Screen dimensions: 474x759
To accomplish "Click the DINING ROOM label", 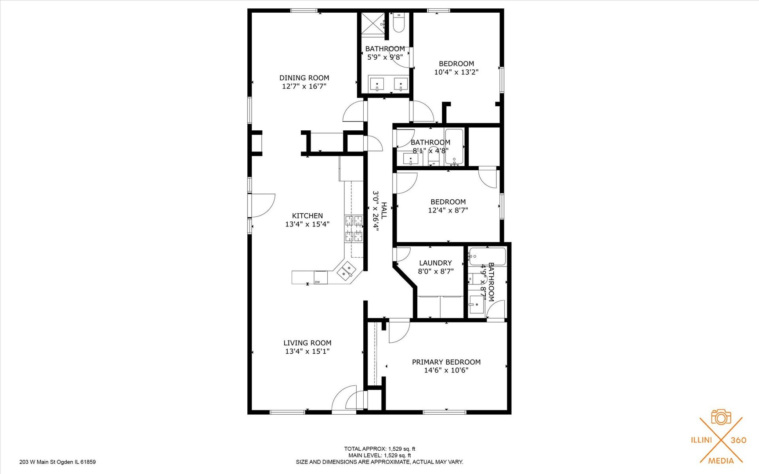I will point(304,78).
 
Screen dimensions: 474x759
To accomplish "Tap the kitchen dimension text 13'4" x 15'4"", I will point(307,224).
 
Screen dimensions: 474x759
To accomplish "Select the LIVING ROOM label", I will point(307,343).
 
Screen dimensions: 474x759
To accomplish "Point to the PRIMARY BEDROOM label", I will point(446,362).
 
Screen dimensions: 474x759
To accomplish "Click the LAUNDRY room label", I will point(435,263).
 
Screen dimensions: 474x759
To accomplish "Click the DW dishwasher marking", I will point(318,282).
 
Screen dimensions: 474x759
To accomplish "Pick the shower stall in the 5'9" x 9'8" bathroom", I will point(373,23).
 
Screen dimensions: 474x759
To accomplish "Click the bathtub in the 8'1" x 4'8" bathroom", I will point(454,146).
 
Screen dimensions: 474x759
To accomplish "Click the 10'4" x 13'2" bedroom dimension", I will point(456,72).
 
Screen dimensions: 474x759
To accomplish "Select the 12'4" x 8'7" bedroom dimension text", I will point(448,210).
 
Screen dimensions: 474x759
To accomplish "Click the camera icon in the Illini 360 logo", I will point(721,417).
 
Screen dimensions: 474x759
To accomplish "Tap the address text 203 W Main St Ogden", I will point(58,462).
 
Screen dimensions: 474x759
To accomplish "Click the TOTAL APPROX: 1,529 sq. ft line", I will point(379,449).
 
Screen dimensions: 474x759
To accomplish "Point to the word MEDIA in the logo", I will point(721,460).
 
